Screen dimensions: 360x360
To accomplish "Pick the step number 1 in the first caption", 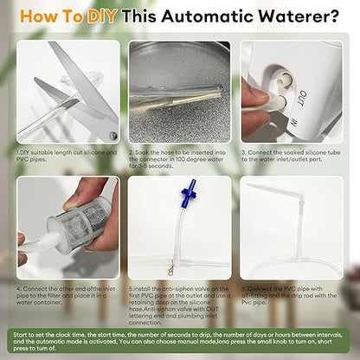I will point(18,153).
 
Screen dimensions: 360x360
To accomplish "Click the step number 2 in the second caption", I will point(130,153).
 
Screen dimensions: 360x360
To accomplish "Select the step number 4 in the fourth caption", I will point(18,287).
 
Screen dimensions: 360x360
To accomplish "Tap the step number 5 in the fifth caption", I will point(130,287).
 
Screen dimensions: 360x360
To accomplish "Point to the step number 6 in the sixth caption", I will point(245,287).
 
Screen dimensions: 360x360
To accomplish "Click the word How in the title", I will point(38,15).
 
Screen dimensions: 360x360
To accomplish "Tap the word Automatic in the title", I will point(207,15).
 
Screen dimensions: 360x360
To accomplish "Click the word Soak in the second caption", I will point(142,153).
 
